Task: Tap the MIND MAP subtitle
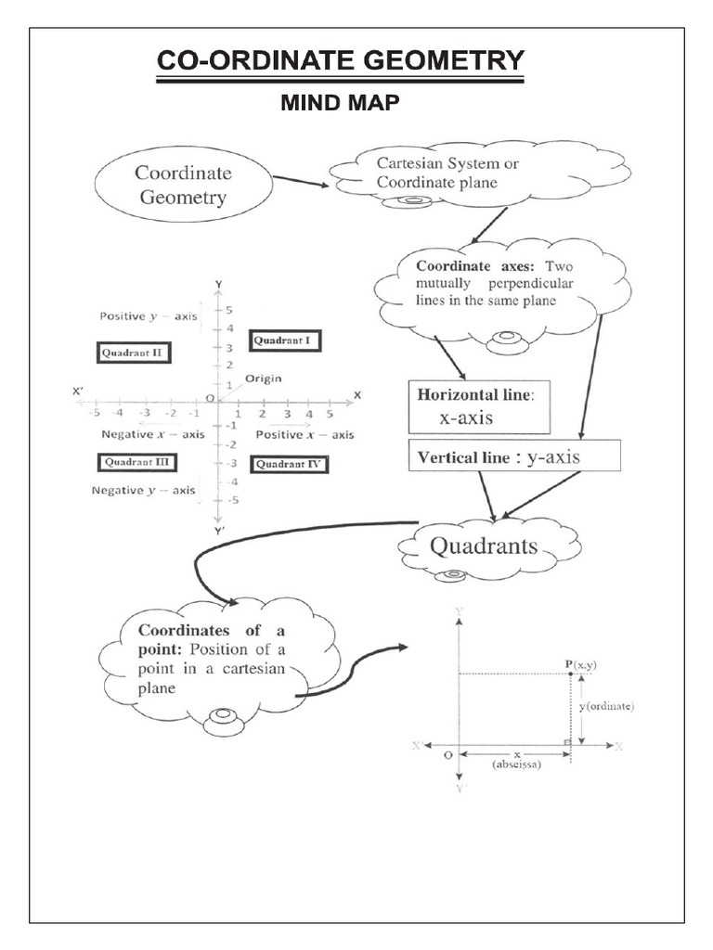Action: tap(340, 104)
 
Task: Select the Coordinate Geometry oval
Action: tap(183, 185)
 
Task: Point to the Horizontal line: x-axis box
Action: tap(479, 406)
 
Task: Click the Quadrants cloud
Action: tap(483, 546)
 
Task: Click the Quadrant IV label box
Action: tap(290, 464)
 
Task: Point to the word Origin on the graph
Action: tap(264, 379)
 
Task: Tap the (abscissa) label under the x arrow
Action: tap(516, 765)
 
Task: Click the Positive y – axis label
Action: tap(148, 315)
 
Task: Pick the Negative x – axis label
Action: tap(153, 433)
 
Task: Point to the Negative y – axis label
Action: tap(143, 490)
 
